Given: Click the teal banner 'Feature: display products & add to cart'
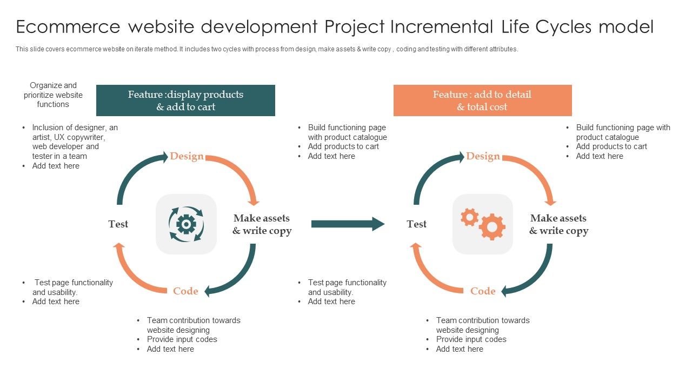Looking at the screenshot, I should (x=185, y=100).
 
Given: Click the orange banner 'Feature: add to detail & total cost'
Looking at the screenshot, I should (x=482, y=100).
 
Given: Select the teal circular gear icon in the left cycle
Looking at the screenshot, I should (x=186, y=224).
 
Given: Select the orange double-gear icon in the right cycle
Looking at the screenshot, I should (x=483, y=224).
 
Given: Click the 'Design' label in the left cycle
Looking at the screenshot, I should (x=187, y=156).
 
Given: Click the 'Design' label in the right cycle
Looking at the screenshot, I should (x=483, y=156).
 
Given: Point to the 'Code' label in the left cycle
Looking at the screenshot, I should (x=185, y=291).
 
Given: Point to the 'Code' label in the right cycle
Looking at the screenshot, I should (x=483, y=291).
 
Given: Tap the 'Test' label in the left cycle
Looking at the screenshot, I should (x=118, y=224).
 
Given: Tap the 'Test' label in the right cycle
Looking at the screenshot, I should (x=416, y=224).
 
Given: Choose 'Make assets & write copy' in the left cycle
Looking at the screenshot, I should (x=262, y=224).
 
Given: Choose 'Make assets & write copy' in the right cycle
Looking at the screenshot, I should (x=558, y=224).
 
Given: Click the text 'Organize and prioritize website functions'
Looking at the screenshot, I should (x=53, y=95).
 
